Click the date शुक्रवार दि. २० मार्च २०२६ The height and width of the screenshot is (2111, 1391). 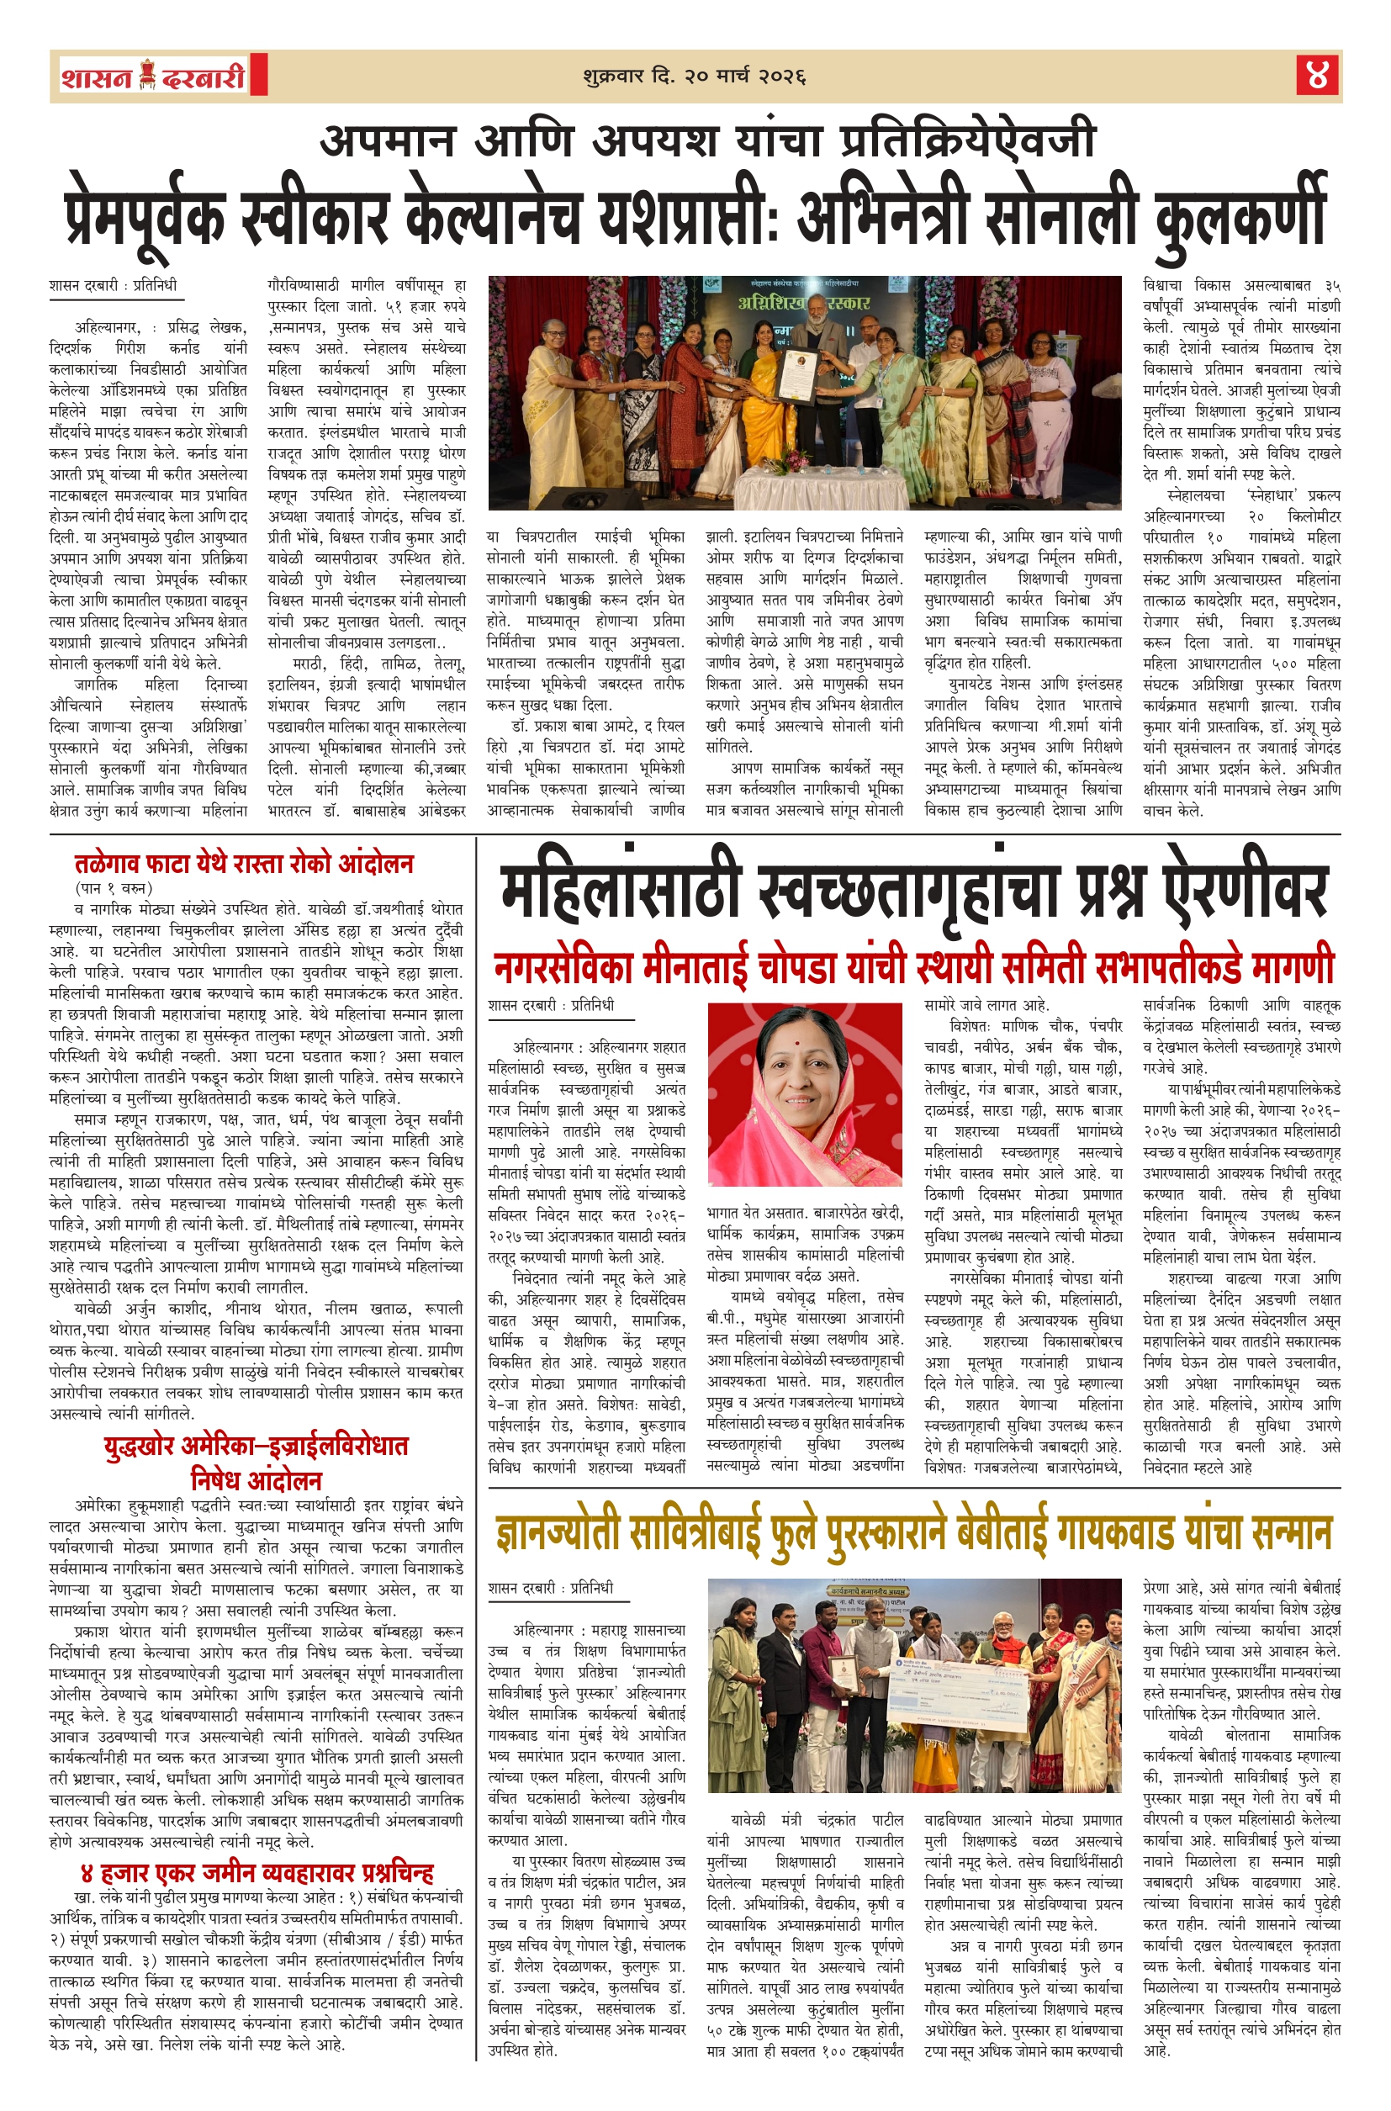tap(694, 77)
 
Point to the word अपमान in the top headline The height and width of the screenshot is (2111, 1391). tap(388, 142)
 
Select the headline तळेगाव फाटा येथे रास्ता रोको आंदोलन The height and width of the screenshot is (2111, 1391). tap(244, 863)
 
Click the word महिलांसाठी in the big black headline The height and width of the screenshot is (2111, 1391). tap(620, 891)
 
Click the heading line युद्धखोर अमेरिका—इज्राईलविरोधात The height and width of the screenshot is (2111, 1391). tap(257, 1447)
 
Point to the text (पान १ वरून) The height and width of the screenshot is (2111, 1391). tap(114, 888)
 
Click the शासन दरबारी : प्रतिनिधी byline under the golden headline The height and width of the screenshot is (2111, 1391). tap(550, 1588)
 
